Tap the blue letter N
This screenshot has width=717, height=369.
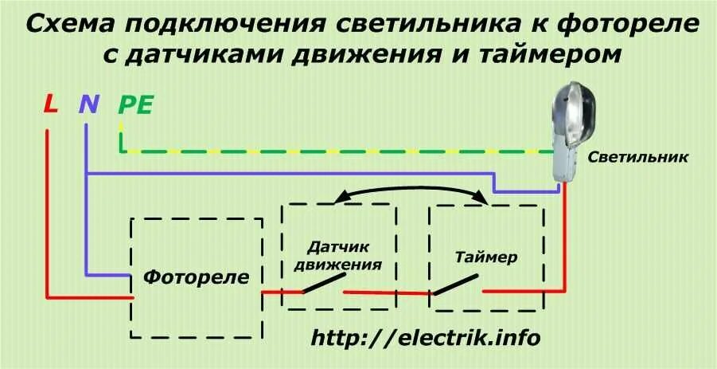[x=88, y=104]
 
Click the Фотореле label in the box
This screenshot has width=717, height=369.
[x=197, y=277]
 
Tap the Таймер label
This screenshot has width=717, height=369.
[x=487, y=258]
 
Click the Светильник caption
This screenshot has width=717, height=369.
[x=639, y=158]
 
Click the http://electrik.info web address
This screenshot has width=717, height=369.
[x=426, y=338]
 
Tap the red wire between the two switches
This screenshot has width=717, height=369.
[x=388, y=292]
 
